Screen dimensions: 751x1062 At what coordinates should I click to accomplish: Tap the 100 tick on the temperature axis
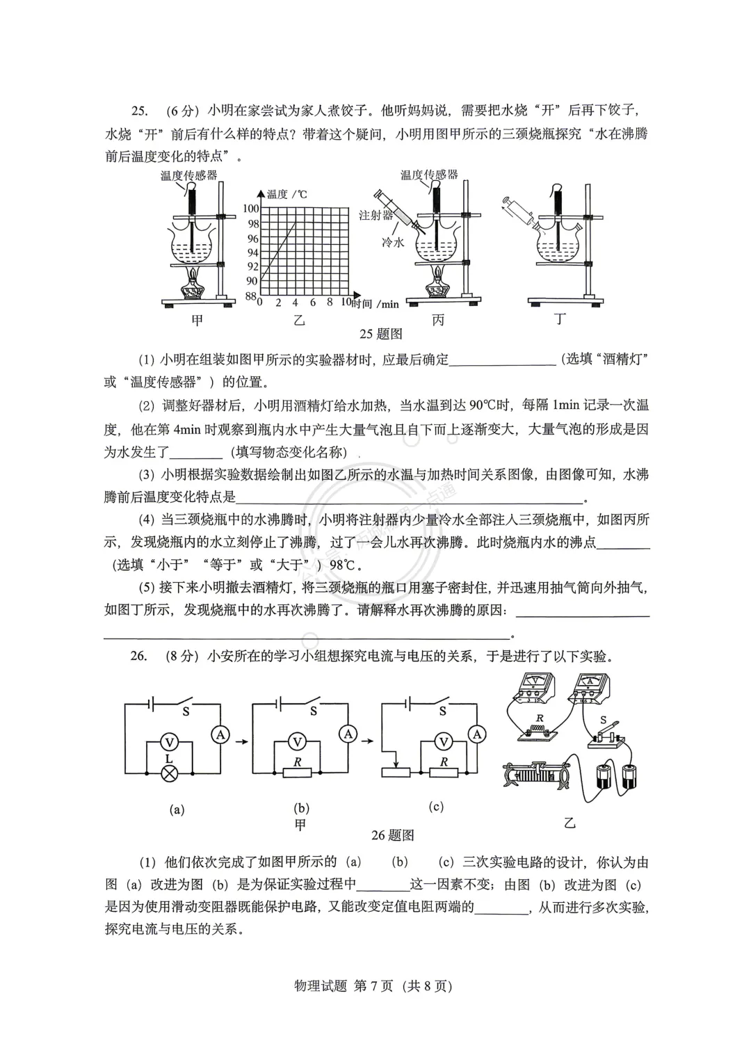point(250,208)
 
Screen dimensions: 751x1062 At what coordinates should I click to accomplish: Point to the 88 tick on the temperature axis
point(250,296)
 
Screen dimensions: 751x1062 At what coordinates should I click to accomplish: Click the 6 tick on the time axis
point(312,303)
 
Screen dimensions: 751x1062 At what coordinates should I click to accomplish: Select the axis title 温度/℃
point(287,194)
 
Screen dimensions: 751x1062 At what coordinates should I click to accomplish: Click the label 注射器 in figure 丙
point(375,215)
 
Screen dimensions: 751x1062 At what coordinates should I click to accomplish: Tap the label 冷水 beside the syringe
point(393,242)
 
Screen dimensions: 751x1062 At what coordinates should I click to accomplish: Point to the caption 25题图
point(380,334)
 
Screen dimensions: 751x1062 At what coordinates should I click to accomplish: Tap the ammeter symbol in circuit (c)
point(476,734)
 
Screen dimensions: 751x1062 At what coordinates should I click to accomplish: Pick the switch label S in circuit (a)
point(186,711)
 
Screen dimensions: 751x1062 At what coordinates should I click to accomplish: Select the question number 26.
point(138,656)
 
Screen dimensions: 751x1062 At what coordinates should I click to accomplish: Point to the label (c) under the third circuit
point(436,807)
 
